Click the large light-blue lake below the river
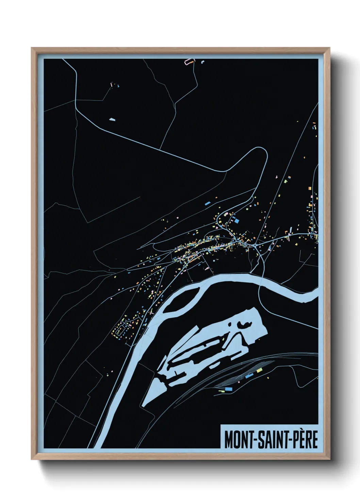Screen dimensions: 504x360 [218, 341]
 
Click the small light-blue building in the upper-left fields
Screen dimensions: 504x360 [112, 120]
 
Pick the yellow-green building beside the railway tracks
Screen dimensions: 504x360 [260, 370]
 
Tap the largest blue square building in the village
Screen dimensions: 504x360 [236, 221]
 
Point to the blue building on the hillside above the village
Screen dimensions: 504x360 [207, 203]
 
